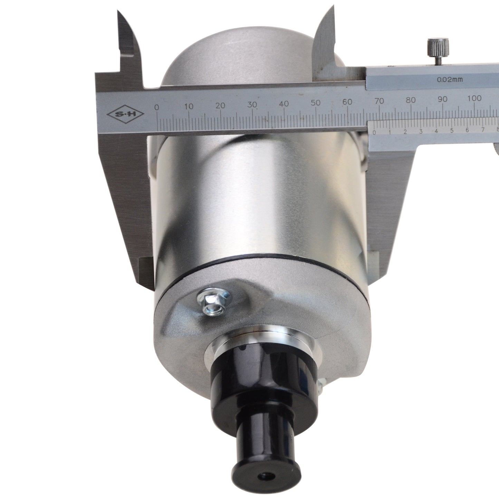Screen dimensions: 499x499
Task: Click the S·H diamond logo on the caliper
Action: click(x=126, y=114)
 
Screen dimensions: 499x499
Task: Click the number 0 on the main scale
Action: click(x=157, y=107)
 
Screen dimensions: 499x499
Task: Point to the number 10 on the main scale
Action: click(x=189, y=106)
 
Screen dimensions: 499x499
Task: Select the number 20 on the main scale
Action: click(x=221, y=105)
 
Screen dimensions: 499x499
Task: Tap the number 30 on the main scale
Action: click(x=252, y=105)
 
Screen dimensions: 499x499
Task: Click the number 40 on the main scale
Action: click(x=284, y=104)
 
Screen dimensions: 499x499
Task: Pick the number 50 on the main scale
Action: click(x=316, y=103)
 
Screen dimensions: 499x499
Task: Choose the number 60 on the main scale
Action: click(x=347, y=102)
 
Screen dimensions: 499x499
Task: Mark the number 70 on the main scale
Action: click(x=379, y=101)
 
